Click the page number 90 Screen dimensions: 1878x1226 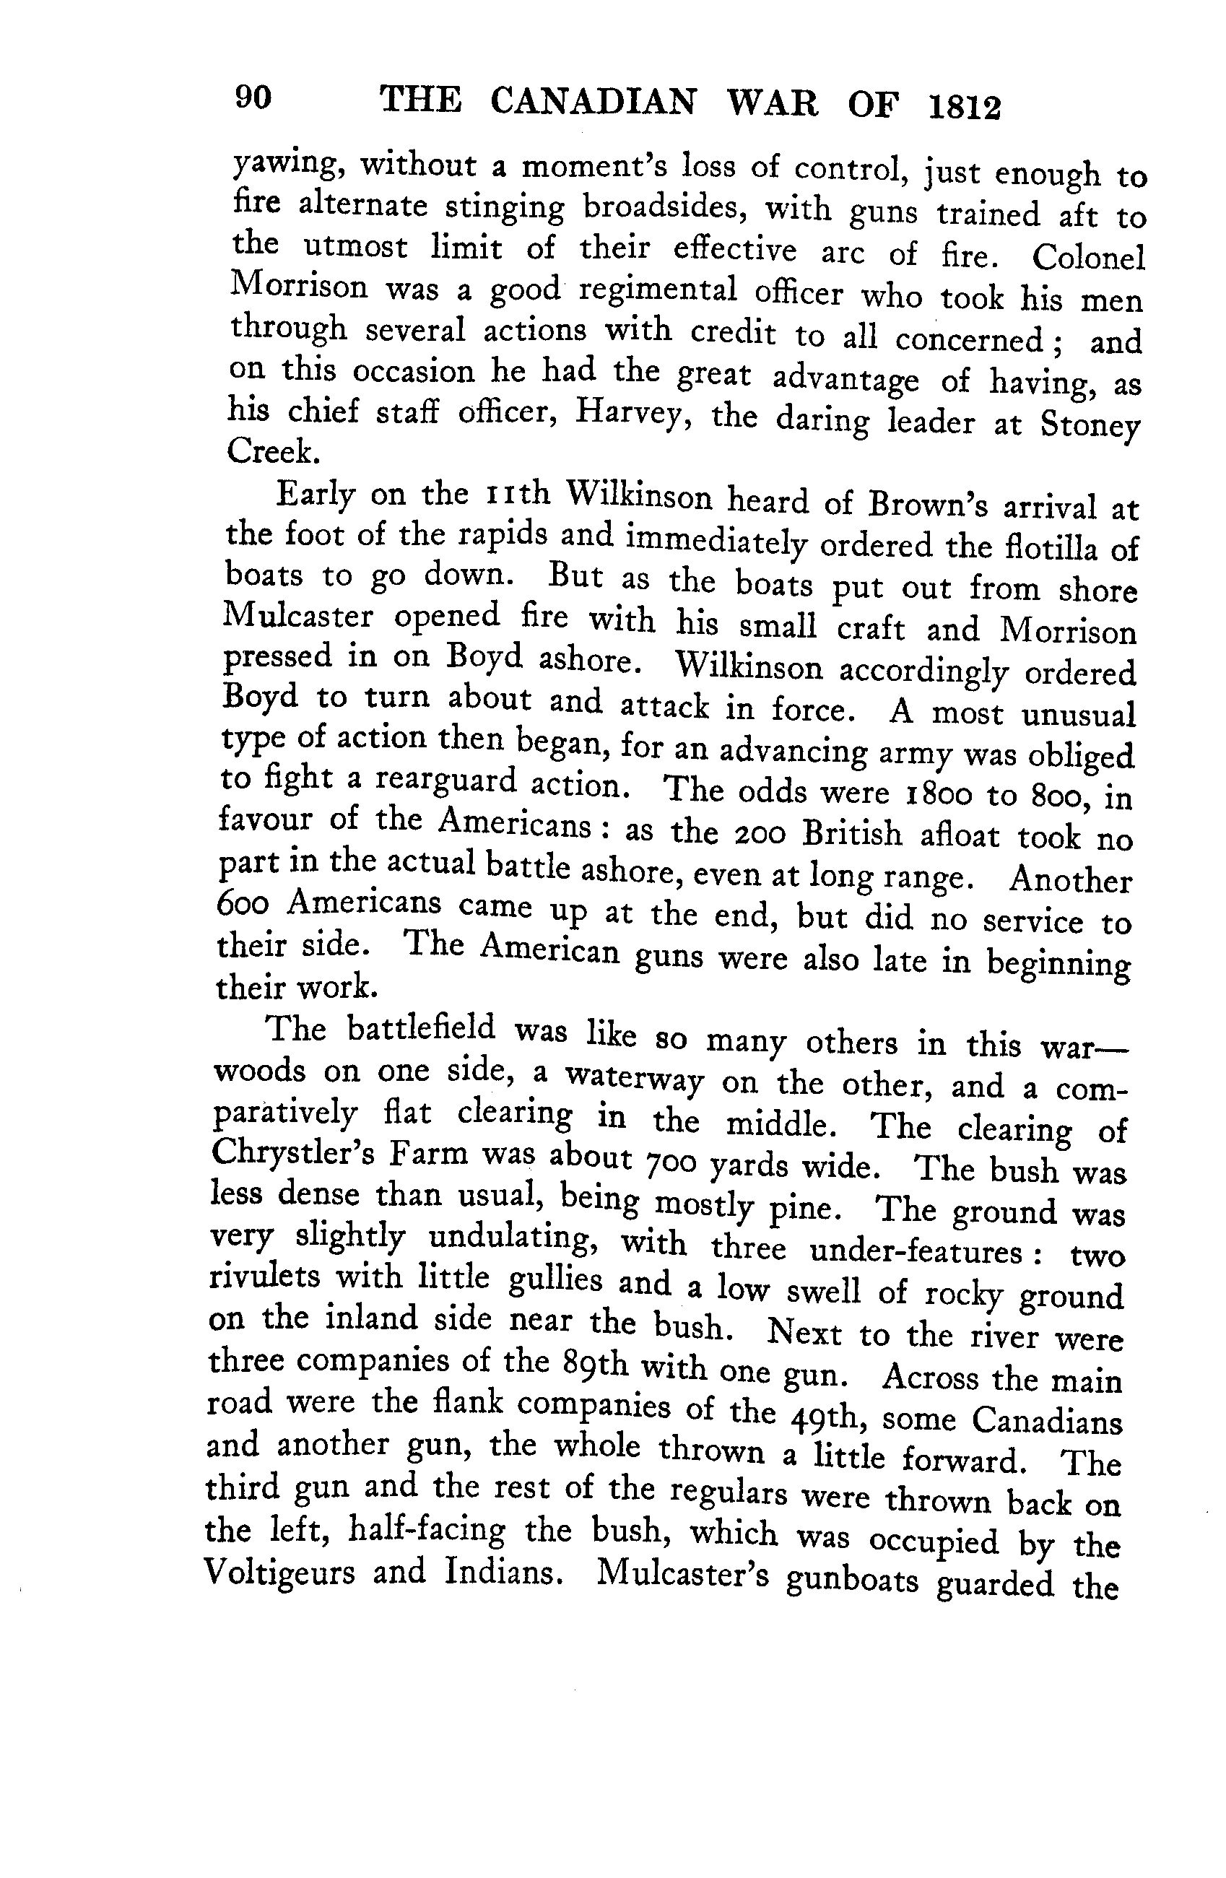pos(253,98)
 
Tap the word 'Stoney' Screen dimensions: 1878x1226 pos(1090,427)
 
